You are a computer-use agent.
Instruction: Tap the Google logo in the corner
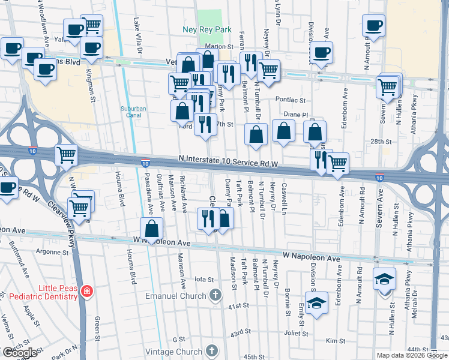[x=20, y=352]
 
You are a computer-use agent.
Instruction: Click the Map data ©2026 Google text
[x=412, y=355]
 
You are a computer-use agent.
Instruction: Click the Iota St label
[x=205, y=279]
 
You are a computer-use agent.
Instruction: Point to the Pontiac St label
[x=291, y=100]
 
